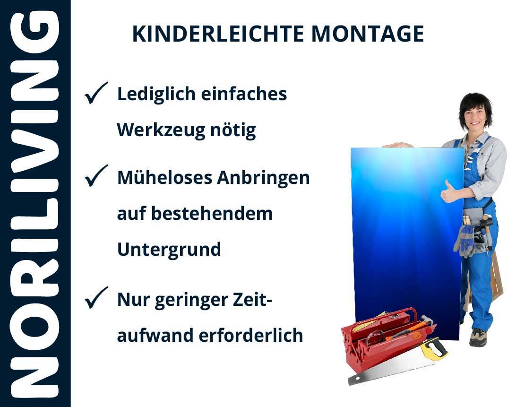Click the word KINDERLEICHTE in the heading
click(x=218, y=34)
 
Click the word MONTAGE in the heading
click(x=368, y=34)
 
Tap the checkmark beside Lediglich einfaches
click(x=96, y=93)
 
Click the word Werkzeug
click(x=161, y=130)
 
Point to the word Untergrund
click(x=169, y=250)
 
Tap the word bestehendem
click(x=212, y=213)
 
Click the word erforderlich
click(x=251, y=335)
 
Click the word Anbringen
click(x=264, y=178)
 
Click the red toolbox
click(x=387, y=338)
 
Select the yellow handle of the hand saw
click(x=434, y=348)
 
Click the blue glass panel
click(x=407, y=243)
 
